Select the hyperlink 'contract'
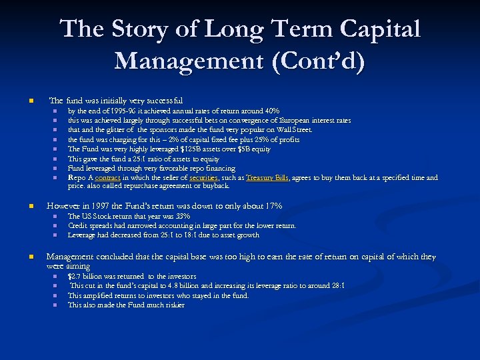pos(107,178)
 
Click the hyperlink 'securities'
pos(203,178)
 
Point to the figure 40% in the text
pos(271,111)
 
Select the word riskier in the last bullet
pos(172,305)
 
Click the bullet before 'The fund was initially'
pos(29,101)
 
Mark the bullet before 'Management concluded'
pos(29,257)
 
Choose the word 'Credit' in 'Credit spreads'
pos(79,225)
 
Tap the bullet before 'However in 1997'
pos(29,206)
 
